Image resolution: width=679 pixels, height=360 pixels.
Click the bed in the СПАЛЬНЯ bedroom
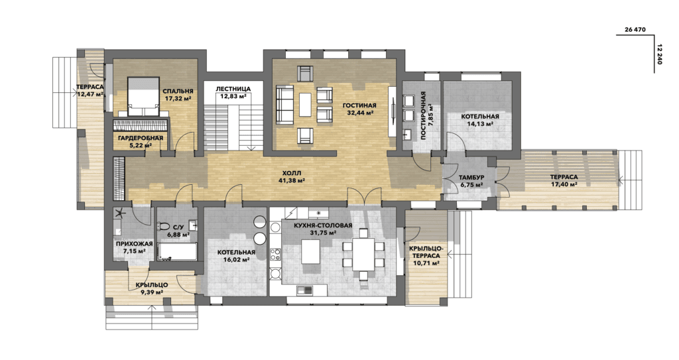pyautogui.click(x=143, y=97)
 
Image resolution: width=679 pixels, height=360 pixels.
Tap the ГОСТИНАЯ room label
pyautogui.click(x=359, y=105)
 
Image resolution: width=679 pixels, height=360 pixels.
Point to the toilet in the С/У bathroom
pyautogui.click(x=164, y=226)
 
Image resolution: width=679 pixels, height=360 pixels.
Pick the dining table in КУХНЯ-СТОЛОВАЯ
pyautogui.click(x=363, y=254)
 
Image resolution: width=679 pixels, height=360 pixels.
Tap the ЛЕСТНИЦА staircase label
pyautogui.click(x=233, y=90)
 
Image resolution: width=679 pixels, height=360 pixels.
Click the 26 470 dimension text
pyautogui.click(x=635, y=30)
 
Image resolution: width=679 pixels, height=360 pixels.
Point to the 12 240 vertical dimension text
pyautogui.click(x=660, y=54)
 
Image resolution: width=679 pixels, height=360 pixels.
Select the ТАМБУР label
pyautogui.click(x=471, y=178)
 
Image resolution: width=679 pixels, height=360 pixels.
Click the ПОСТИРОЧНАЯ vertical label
pyautogui.click(x=424, y=115)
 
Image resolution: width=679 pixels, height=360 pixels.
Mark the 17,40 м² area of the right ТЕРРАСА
pyautogui.click(x=564, y=184)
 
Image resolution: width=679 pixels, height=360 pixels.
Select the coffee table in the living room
pyautogui.click(x=305, y=105)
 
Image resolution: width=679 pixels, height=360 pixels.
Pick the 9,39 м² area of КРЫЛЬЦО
pyautogui.click(x=152, y=292)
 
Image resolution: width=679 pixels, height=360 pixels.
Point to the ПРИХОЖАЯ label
pyautogui.click(x=134, y=244)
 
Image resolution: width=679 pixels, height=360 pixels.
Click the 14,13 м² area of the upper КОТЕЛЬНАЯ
pyautogui.click(x=480, y=124)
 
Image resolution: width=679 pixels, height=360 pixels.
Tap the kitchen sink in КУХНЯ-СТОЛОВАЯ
pyautogui.click(x=305, y=290)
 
